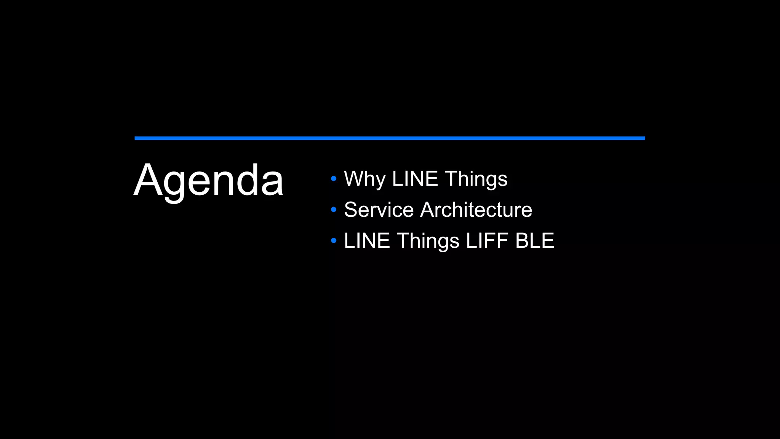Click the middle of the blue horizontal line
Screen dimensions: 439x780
[x=390, y=138]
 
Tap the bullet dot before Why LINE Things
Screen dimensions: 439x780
[x=334, y=178]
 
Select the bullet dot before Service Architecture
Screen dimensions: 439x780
[x=334, y=209]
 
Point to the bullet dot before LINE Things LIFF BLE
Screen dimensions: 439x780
[x=334, y=240]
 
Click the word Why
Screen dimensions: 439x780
[x=364, y=179]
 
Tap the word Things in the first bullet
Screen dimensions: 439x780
[x=476, y=179]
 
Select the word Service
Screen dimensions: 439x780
[x=379, y=210]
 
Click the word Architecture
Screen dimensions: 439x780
[x=476, y=210]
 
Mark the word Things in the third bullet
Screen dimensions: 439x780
[x=428, y=241]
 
